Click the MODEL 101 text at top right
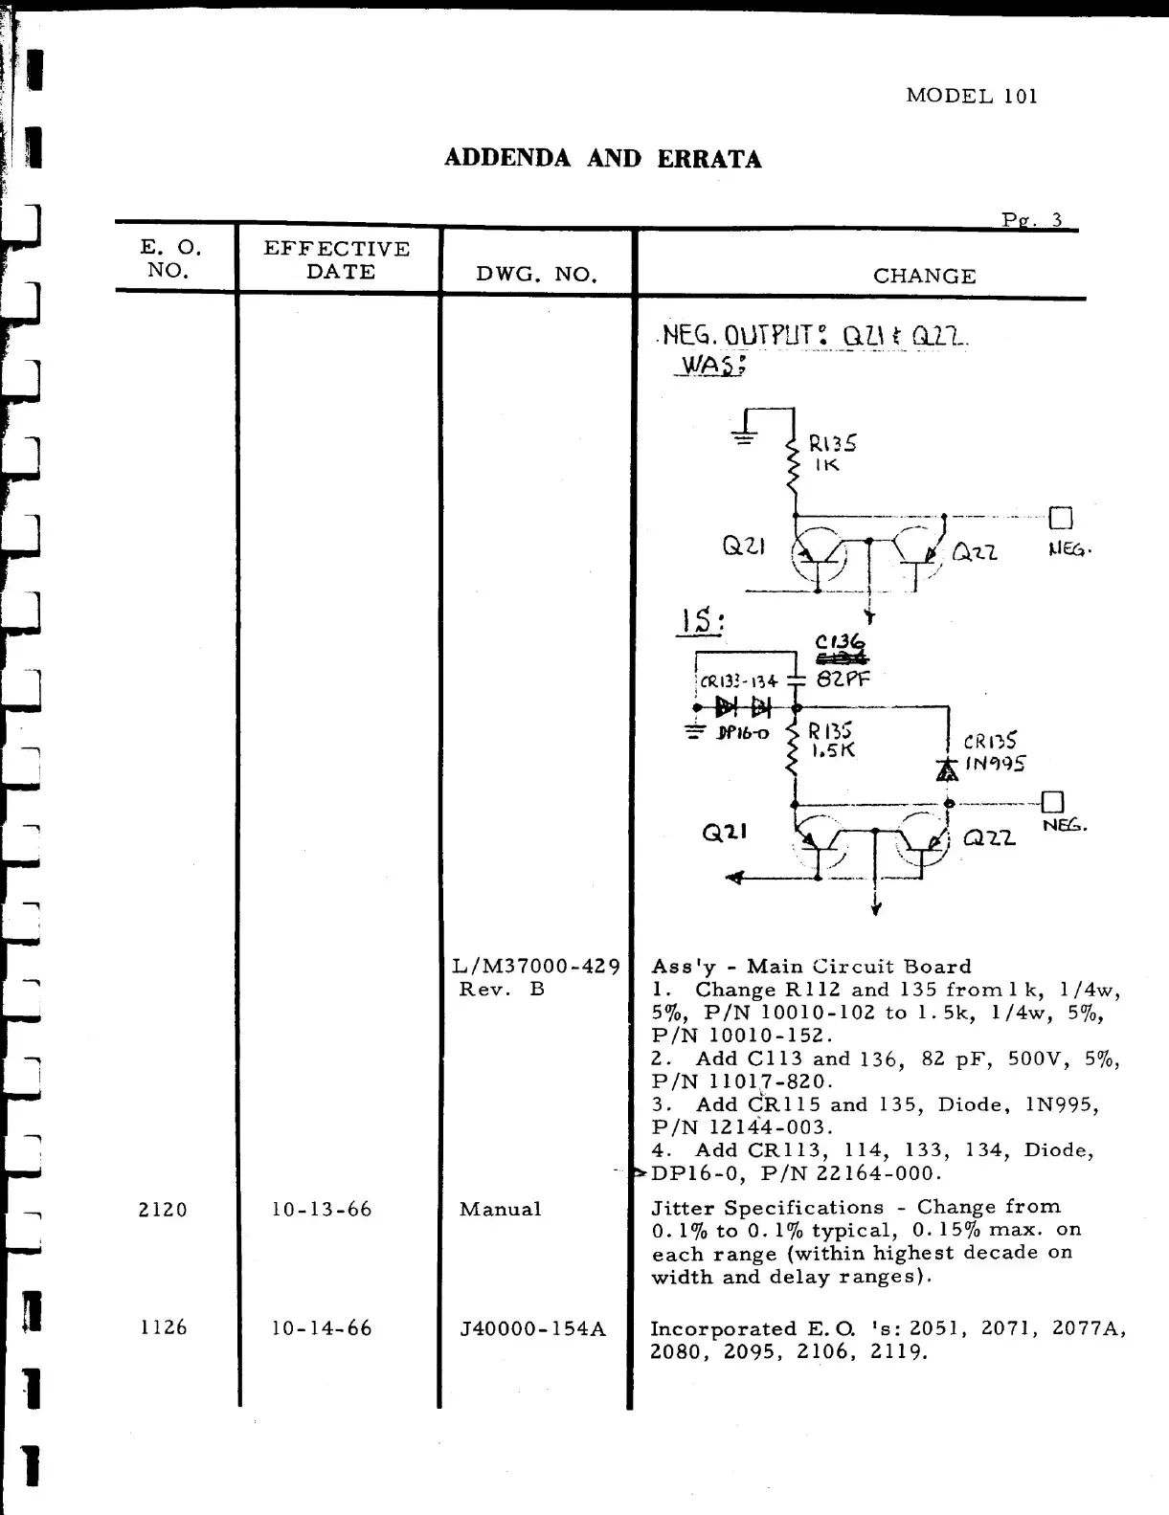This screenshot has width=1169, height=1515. (971, 96)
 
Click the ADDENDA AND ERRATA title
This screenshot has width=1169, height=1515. (602, 159)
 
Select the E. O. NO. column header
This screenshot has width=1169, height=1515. (170, 258)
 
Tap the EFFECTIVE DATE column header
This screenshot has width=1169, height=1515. (337, 259)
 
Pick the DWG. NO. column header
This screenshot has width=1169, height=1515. (536, 276)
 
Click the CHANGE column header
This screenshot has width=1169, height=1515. (924, 277)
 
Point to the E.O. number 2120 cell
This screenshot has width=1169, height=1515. (163, 1210)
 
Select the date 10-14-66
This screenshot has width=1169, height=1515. (322, 1328)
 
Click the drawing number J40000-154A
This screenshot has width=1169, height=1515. (533, 1328)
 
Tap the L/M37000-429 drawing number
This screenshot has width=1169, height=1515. (536, 967)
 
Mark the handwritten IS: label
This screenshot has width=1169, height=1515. (700, 623)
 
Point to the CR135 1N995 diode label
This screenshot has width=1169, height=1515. (994, 752)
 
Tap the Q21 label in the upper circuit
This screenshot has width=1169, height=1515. (742, 546)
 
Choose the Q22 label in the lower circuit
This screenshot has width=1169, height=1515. (989, 838)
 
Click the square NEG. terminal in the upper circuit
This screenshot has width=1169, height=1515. (1061, 519)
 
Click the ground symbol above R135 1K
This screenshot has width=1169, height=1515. (744, 437)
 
